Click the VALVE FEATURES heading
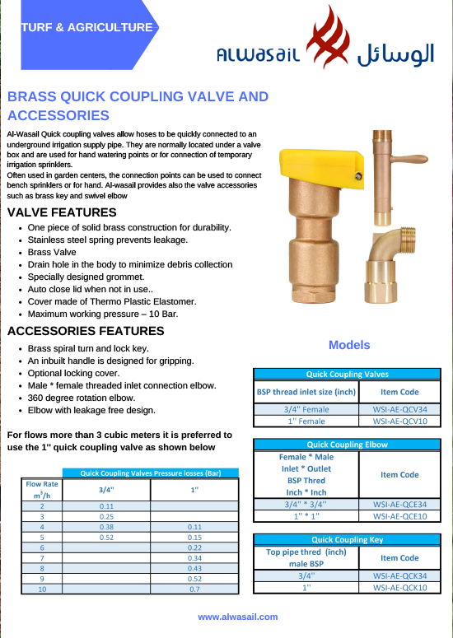(x=61, y=212)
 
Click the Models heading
(x=349, y=345)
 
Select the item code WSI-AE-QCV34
(x=399, y=408)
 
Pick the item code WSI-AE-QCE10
(x=399, y=516)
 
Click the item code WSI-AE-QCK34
(x=399, y=576)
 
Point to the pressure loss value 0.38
(x=105, y=527)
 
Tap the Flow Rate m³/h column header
(x=41, y=490)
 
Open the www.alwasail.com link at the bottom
(x=237, y=617)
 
